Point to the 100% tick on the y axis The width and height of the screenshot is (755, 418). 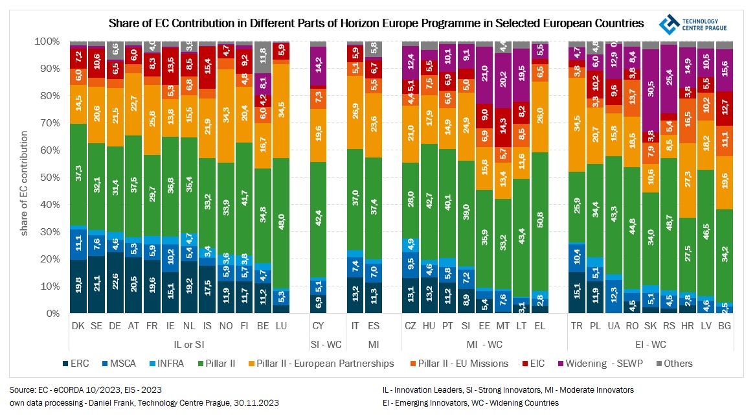48,41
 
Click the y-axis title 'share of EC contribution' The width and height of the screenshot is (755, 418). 25,183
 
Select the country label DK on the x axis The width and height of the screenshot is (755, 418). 78,327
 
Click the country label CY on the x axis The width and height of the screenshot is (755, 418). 318,327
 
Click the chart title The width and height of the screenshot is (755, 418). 376,23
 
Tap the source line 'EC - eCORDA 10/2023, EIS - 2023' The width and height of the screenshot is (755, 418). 85,390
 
